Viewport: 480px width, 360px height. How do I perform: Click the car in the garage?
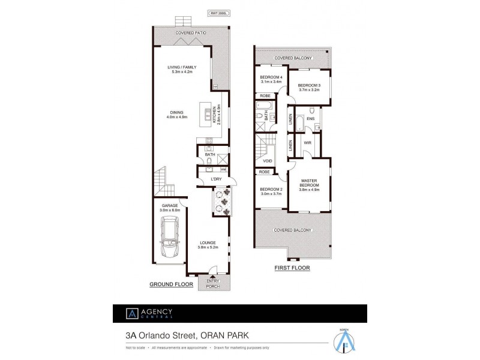169,239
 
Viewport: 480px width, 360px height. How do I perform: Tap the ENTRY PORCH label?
213,283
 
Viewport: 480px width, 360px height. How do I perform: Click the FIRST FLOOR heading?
292,268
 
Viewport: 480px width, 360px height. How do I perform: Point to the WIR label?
307,143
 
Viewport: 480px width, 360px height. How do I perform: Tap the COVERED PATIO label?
190,33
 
